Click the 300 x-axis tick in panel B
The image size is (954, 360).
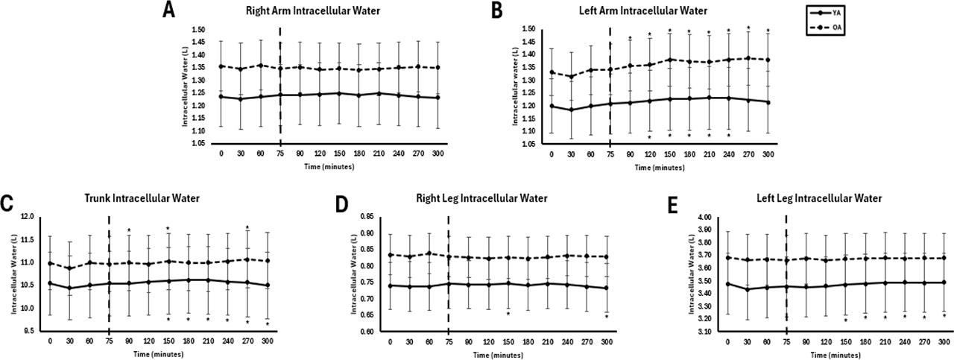coord(768,154)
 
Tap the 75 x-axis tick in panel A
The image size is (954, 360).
coord(280,154)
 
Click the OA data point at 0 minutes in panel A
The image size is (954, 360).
coord(221,66)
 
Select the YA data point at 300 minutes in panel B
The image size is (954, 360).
coord(768,102)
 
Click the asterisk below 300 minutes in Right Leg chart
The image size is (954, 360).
coord(607,317)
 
